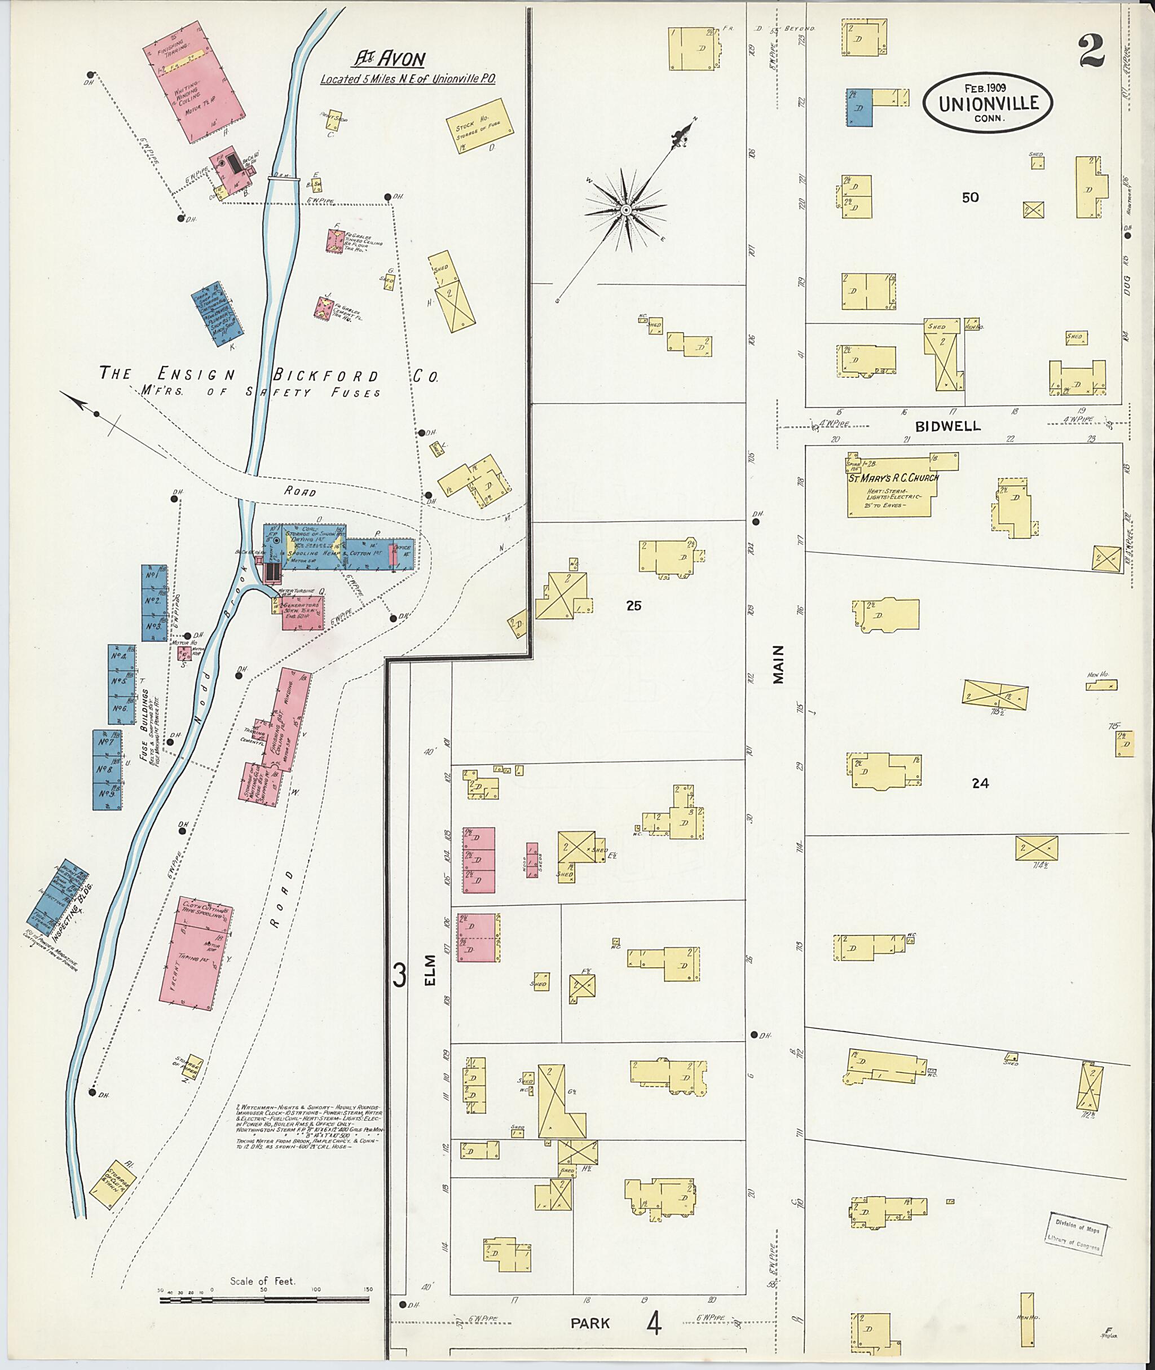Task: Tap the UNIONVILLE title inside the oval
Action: [x=989, y=103]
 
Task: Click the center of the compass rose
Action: [x=625, y=210]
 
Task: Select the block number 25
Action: [x=633, y=606]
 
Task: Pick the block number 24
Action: [x=980, y=783]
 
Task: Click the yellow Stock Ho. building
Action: [x=479, y=125]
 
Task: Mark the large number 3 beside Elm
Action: [x=399, y=975]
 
